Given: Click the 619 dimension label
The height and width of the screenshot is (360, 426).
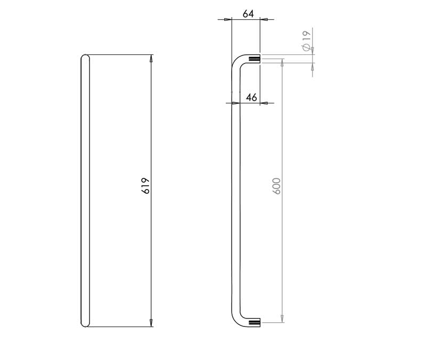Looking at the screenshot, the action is point(145,185).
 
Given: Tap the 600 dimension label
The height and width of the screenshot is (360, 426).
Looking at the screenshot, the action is point(276,186).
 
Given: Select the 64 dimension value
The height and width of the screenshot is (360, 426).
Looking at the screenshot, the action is point(248,14).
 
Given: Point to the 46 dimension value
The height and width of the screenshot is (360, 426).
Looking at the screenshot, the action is point(251,97).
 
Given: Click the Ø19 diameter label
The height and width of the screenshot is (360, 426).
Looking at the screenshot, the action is point(306,40).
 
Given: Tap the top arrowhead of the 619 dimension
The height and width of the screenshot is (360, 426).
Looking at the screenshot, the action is point(151,58).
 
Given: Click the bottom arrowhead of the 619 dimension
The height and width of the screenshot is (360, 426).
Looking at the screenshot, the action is point(151,323).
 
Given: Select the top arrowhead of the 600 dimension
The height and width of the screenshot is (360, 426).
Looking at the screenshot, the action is point(282,62).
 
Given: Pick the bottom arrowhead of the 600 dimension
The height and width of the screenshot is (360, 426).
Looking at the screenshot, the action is point(282,319).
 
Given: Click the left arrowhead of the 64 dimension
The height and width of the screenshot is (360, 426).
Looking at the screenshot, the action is point(228,19).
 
